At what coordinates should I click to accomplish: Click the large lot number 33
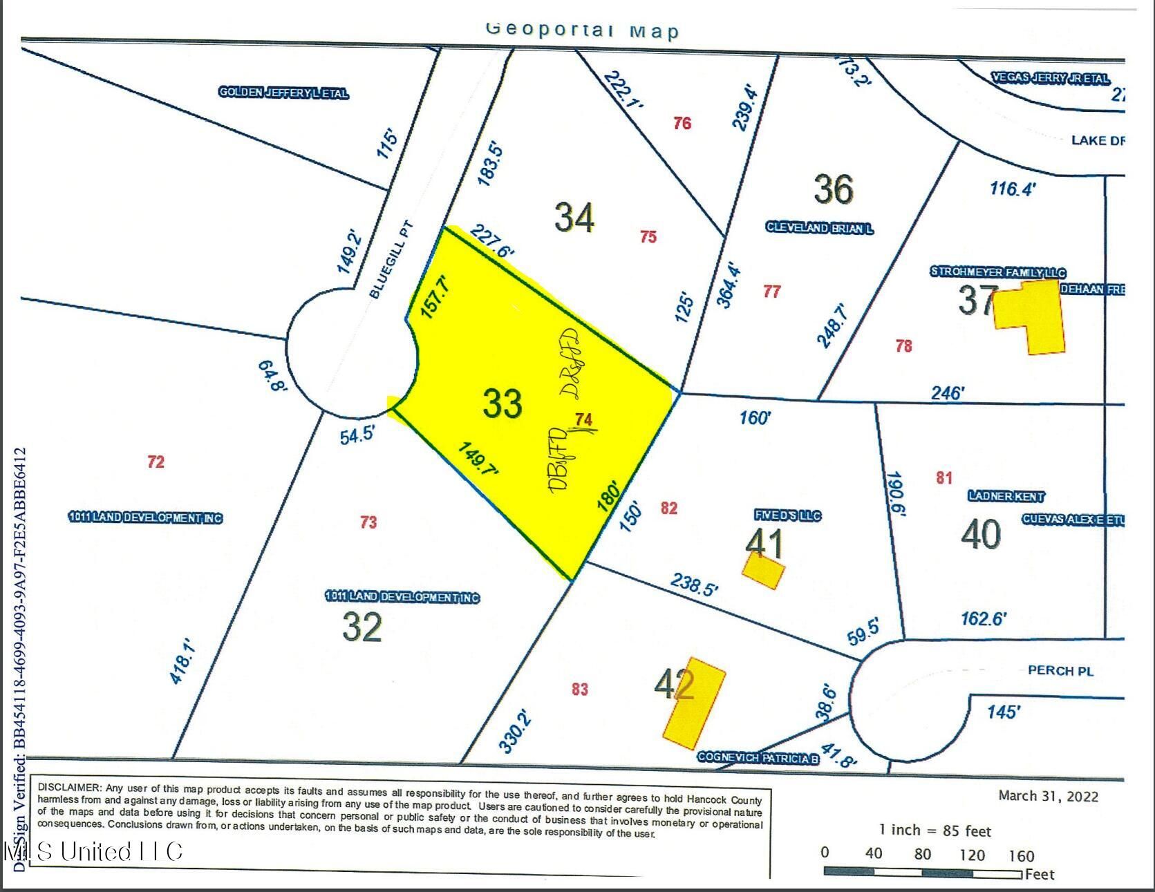click(x=503, y=403)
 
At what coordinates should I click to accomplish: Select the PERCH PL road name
click(x=1060, y=670)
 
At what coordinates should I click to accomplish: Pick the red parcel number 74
click(x=584, y=419)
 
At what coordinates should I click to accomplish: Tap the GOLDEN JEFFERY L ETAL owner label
click(x=283, y=93)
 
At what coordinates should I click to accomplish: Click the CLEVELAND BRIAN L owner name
click(x=819, y=227)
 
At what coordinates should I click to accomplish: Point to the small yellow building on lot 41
click(x=763, y=572)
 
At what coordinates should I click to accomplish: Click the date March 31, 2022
click(x=1048, y=796)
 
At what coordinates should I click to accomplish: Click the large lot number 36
click(x=834, y=189)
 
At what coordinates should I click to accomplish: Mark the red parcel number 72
click(x=156, y=462)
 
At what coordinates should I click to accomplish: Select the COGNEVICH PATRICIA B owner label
click(x=758, y=758)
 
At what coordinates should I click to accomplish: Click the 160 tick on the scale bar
click(x=1020, y=856)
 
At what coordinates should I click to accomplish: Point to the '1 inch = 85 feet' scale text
click(x=935, y=831)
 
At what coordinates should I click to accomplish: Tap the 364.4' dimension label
click(x=733, y=284)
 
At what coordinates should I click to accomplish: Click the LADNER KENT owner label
click(x=1006, y=496)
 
